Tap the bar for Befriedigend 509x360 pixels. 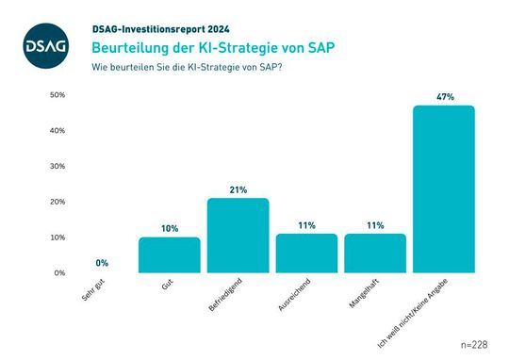[x=238, y=236]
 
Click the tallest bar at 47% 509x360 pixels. [x=444, y=188]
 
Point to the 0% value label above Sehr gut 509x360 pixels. [x=101, y=263]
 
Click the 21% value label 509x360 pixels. [x=238, y=189]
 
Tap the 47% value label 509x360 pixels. [x=444, y=97]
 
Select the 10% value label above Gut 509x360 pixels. [x=170, y=228]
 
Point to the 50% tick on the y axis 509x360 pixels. [x=57, y=95]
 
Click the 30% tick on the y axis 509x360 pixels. [x=57, y=167]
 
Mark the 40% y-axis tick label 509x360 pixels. [x=57, y=131]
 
